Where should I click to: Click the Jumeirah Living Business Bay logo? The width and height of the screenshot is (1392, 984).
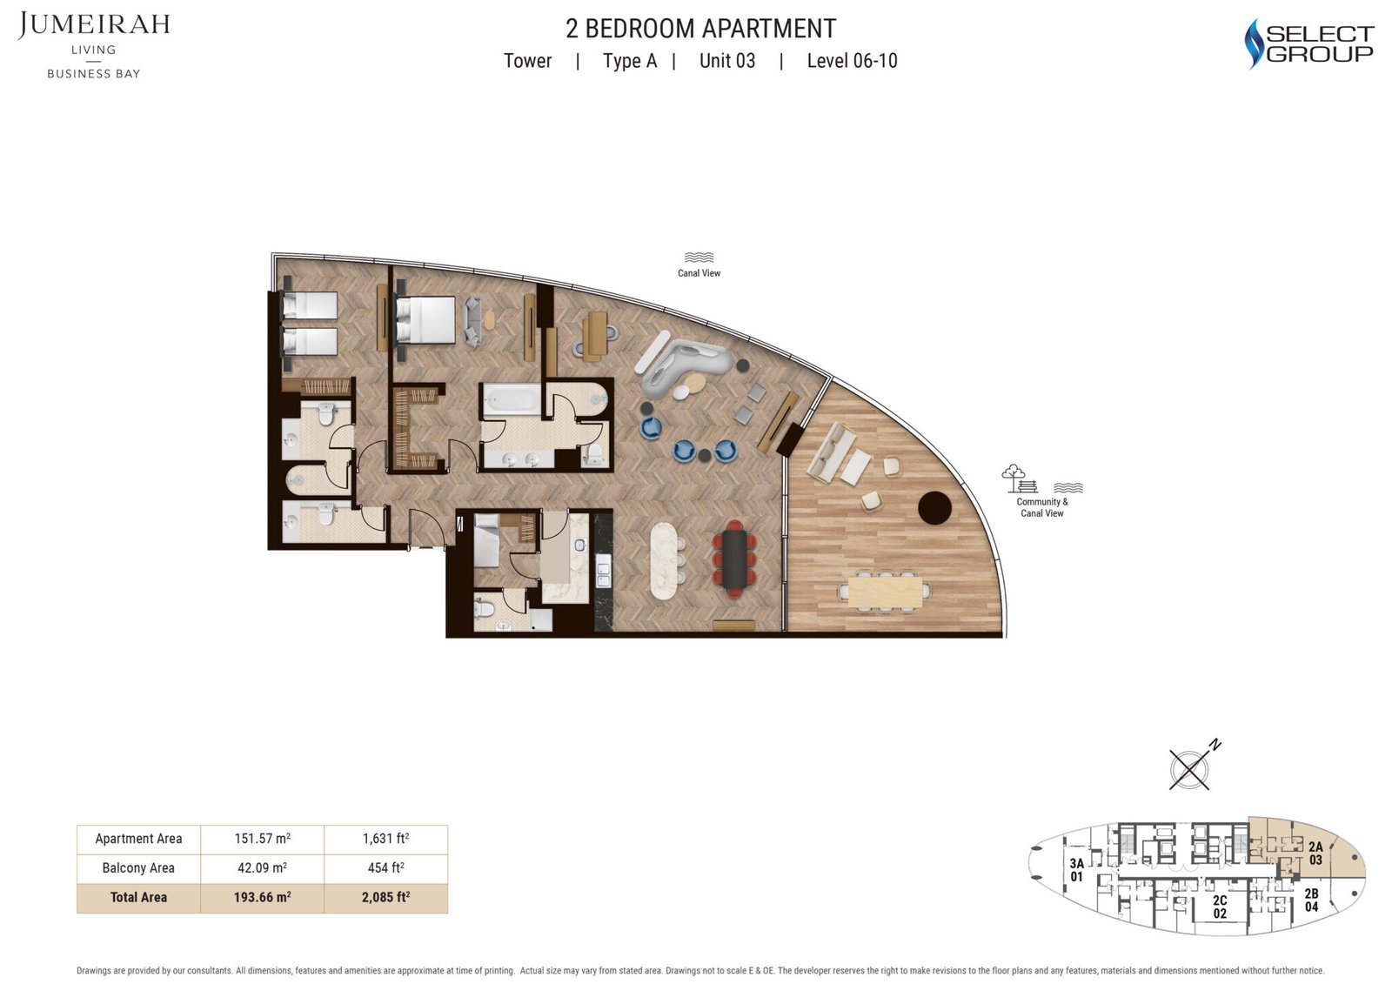click(x=94, y=45)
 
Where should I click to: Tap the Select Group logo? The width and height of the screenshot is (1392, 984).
click(x=1308, y=44)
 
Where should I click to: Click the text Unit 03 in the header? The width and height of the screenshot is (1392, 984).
click(x=727, y=61)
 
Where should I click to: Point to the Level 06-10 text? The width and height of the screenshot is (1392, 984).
click(x=852, y=61)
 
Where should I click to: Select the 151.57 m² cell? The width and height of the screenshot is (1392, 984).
click(x=262, y=840)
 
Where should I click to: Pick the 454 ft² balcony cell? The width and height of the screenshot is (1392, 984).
click(x=386, y=868)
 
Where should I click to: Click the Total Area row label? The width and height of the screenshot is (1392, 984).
click(x=138, y=898)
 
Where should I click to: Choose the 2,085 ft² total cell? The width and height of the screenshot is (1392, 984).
click(x=386, y=898)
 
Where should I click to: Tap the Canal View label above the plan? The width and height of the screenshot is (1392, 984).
click(x=699, y=273)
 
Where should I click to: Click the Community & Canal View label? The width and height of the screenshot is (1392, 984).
click(x=1042, y=507)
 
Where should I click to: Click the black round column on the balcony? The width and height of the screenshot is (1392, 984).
click(x=934, y=508)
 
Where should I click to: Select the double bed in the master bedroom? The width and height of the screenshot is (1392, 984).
click(x=425, y=319)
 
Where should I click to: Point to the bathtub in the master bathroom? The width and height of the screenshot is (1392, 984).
click(x=512, y=399)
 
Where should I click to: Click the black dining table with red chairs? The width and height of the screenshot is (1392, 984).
click(x=734, y=559)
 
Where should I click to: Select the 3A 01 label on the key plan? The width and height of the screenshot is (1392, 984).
click(x=1076, y=870)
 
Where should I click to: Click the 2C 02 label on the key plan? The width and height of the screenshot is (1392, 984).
click(x=1220, y=907)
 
